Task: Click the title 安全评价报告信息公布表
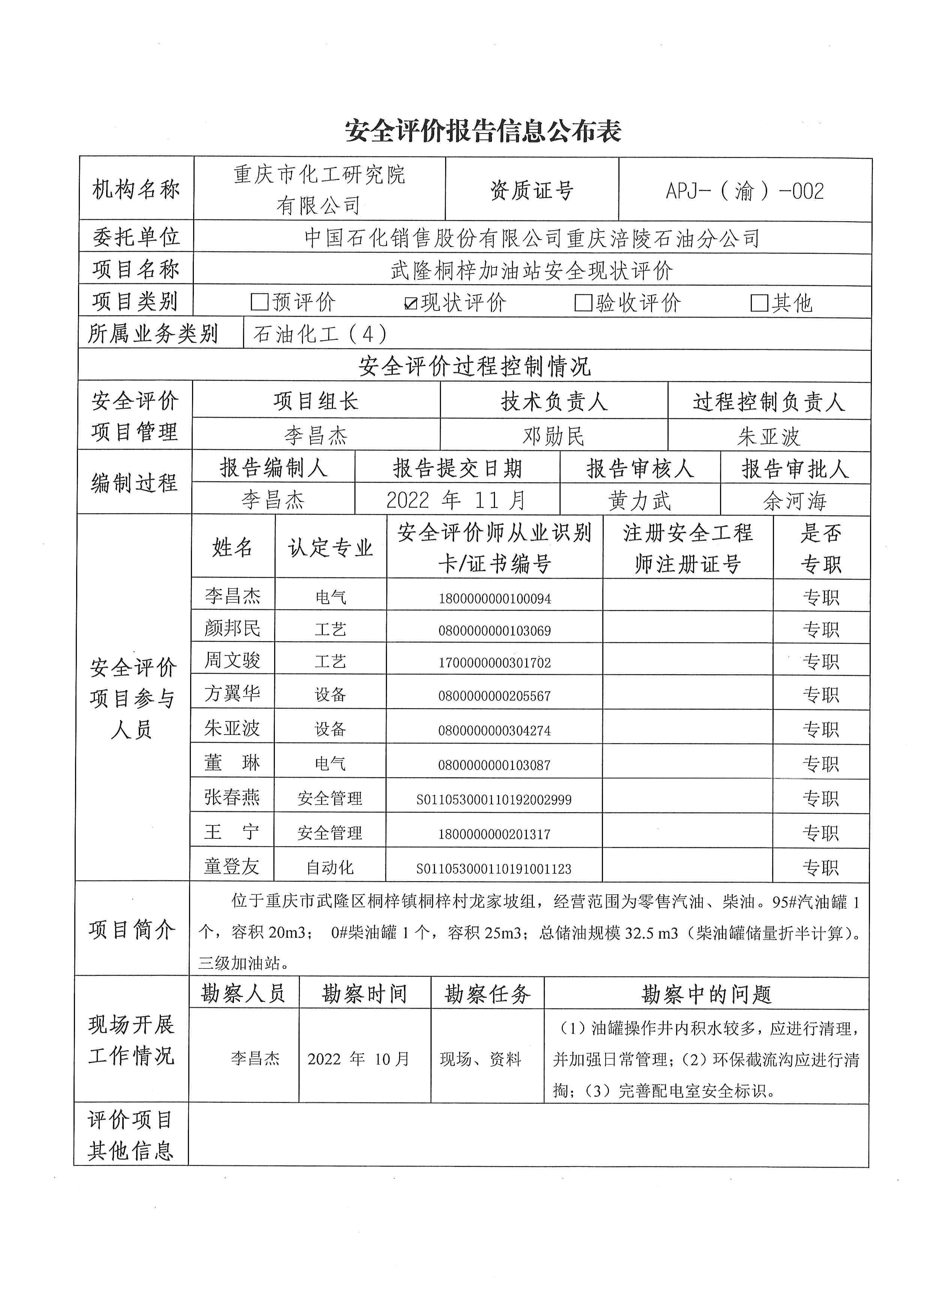[483, 131]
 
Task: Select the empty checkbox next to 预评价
[259, 302]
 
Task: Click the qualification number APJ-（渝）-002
[744, 191]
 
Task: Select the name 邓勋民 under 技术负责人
[553, 436]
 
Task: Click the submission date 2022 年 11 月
[456, 501]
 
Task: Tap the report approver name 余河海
[795, 502]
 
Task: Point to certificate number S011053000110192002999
[493, 799]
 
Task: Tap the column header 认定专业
[330, 547]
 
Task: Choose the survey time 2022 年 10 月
[358, 1059]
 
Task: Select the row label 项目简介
[132, 930]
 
